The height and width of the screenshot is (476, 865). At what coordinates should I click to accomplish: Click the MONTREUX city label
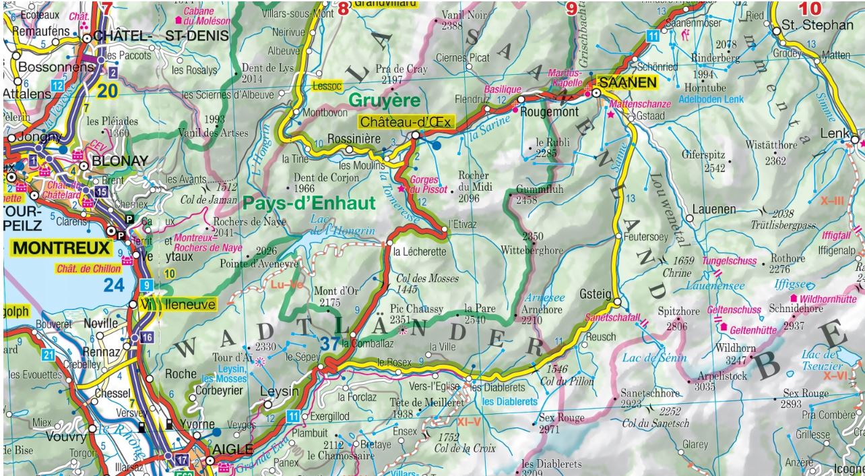click(61, 248)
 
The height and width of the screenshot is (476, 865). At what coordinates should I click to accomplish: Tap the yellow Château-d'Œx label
click(406, 122)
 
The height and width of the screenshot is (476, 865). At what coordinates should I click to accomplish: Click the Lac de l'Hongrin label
click(331, 225)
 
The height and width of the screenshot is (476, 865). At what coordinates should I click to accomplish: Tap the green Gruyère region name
click(384, 100)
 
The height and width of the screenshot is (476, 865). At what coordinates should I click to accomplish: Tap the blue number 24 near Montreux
click(114, 285)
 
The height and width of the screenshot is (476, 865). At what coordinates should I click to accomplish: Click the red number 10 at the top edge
click(810, 9)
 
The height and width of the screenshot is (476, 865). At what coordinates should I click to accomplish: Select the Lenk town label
click(835, 133)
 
